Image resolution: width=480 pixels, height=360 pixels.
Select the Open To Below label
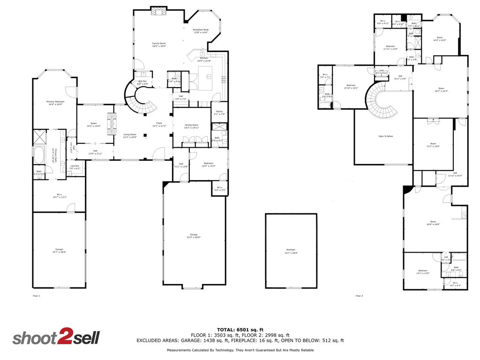[386, 136]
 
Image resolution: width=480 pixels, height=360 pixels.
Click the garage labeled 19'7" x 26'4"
[59, 250]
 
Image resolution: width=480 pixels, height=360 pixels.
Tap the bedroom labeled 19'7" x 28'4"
[291, 251]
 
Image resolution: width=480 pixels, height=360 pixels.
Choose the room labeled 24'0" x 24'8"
[433, 223]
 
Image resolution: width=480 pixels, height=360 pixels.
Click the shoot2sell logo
[56, 338]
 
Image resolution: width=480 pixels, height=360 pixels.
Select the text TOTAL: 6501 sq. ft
[240, 330]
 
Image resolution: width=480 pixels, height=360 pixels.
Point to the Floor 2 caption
[359, 296]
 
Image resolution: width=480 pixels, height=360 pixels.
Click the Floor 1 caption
[37, 296]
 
